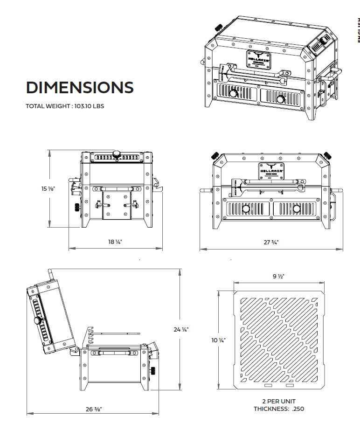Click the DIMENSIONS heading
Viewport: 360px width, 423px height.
click(x=80, y=87)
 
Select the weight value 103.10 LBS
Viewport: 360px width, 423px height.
click(x=89, y=106)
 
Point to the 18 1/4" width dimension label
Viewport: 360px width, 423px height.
click(x=115, y=242)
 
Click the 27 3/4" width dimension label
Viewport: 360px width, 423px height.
click(x=271, y=242)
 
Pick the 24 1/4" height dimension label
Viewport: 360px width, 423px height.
click(x=180, y=329)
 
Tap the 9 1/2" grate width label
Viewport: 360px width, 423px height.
click(x=278, y=276)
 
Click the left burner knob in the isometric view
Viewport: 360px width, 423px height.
click(x=233, y=94)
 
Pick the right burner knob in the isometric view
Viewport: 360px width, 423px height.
click(x=280, y=99)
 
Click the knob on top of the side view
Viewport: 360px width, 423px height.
click(x=117, y=154)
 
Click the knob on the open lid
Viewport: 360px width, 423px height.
click(x=37, y=321)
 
